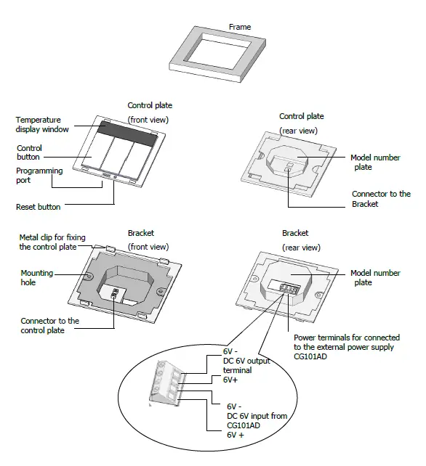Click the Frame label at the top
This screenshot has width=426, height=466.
coord(240,27)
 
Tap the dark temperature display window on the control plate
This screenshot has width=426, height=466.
coord(128,134)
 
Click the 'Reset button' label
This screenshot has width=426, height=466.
coord(38,207)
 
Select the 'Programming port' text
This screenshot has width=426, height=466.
coord(39,176)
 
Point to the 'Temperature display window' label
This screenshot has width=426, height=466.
coord(42,125)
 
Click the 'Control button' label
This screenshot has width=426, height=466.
coord(29,152)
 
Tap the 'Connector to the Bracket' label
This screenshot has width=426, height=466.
coord(381,199)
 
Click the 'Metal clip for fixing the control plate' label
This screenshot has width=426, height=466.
coord(52,242)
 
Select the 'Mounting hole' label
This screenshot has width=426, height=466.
coord(36,277)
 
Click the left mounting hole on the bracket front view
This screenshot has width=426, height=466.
coord(88,276)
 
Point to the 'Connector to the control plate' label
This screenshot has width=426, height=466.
coord(49,325)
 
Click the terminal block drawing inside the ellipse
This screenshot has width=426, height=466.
coord(166,383)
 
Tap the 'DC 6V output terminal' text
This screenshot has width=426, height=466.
coord(246,365)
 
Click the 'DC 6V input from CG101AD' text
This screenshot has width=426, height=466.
coord(257,420)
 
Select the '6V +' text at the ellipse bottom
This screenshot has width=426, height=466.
coord(236,435)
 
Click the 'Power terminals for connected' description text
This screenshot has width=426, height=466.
coord(347,338)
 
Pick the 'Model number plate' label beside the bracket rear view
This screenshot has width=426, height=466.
coord(375,277)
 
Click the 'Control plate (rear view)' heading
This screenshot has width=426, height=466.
coord(301,123)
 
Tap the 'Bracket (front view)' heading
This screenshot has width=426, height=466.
coord(148,240)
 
